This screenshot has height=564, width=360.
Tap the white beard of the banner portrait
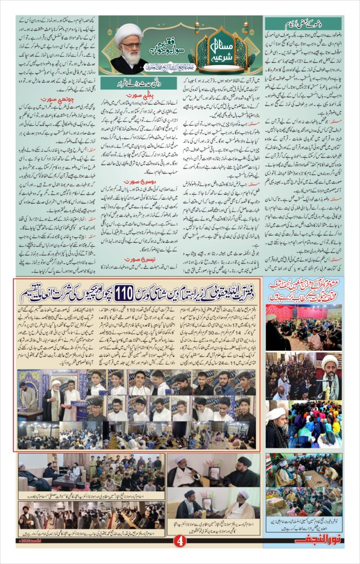tap(130, 55)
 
